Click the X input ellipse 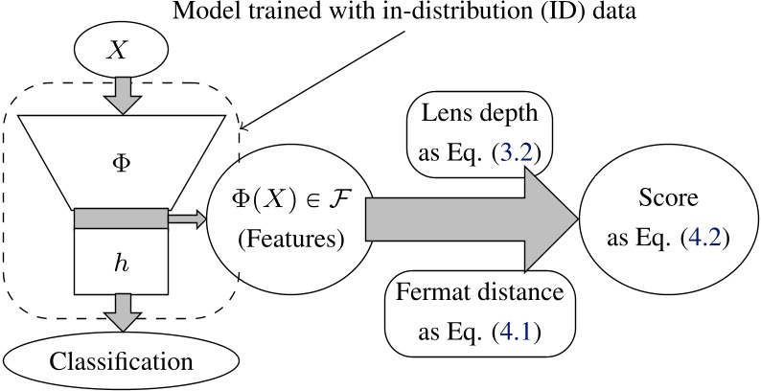click(121, 50)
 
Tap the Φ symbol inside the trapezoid click(121, 164)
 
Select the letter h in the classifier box click(121, 264)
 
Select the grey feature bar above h click(121, 218)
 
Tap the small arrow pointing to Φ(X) click(188, 218)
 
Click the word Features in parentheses click(291, 240)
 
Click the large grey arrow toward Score click(472, 218)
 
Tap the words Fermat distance click(480, 293)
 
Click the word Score click(668, 198)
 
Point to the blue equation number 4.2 click(704, 238)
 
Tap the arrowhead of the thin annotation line click(242, 128)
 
